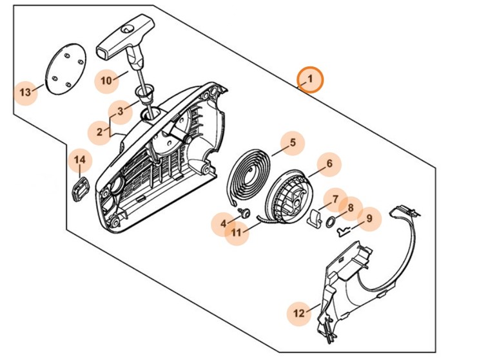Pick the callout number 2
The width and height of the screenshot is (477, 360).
coord(99,131)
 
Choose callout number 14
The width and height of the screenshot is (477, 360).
coord(79,160)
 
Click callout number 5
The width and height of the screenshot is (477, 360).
coord(292,142)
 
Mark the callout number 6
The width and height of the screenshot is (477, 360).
coord(329,164)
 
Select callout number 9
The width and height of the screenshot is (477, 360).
coord(369,220)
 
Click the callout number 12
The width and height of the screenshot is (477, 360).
coord(298,314)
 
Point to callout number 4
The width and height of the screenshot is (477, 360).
coord(224,223)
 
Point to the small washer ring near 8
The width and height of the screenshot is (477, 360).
coord(331,222)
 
